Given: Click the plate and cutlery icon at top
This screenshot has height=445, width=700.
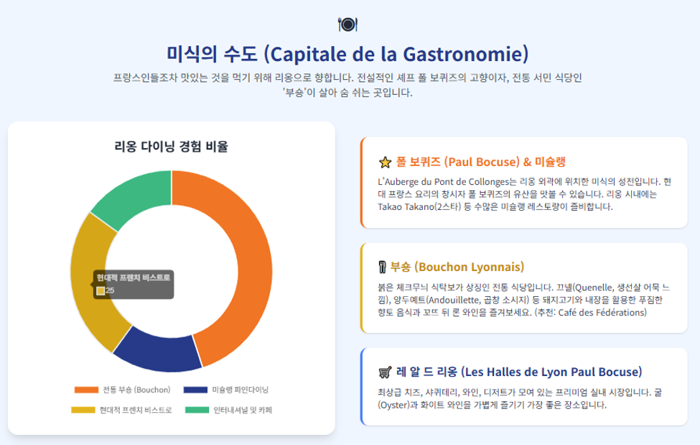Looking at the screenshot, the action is [x=347, y=24].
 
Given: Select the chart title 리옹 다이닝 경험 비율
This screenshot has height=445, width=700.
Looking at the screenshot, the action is [x=172, y=146].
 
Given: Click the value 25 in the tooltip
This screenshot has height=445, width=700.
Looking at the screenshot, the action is [x=110, y=290].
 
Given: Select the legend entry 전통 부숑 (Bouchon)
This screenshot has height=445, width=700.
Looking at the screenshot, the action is [x=122, y=390].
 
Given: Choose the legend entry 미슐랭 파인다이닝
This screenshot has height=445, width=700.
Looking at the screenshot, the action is [x=226, y=390].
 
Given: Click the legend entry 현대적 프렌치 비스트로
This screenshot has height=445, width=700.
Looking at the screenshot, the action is [x=121, y=410].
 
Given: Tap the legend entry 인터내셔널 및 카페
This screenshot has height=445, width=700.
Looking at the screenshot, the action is [x=228, y=410].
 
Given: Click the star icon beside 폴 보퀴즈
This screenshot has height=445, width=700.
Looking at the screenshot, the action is [x=385, y=162].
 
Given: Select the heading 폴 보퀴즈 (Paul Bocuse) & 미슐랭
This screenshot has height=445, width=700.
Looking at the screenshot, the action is [x=481, y=162].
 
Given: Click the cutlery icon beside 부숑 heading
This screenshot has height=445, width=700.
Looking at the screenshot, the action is [x=382, y=267].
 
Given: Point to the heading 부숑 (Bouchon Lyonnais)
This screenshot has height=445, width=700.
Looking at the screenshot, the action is [x=457, y=267].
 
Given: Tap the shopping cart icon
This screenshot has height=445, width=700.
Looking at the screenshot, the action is [x=385, y=372].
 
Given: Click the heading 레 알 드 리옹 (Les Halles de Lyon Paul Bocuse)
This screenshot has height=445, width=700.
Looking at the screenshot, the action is [x=519, y=372].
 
